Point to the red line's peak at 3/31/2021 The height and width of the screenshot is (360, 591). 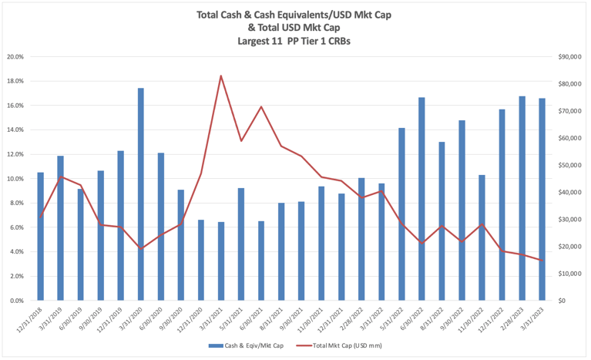pos(221,76)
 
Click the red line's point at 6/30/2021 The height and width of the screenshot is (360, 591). pos(261,106)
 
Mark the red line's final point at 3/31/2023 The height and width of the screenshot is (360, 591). pos(542,261)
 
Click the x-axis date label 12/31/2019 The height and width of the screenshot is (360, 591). pos(112,318)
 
